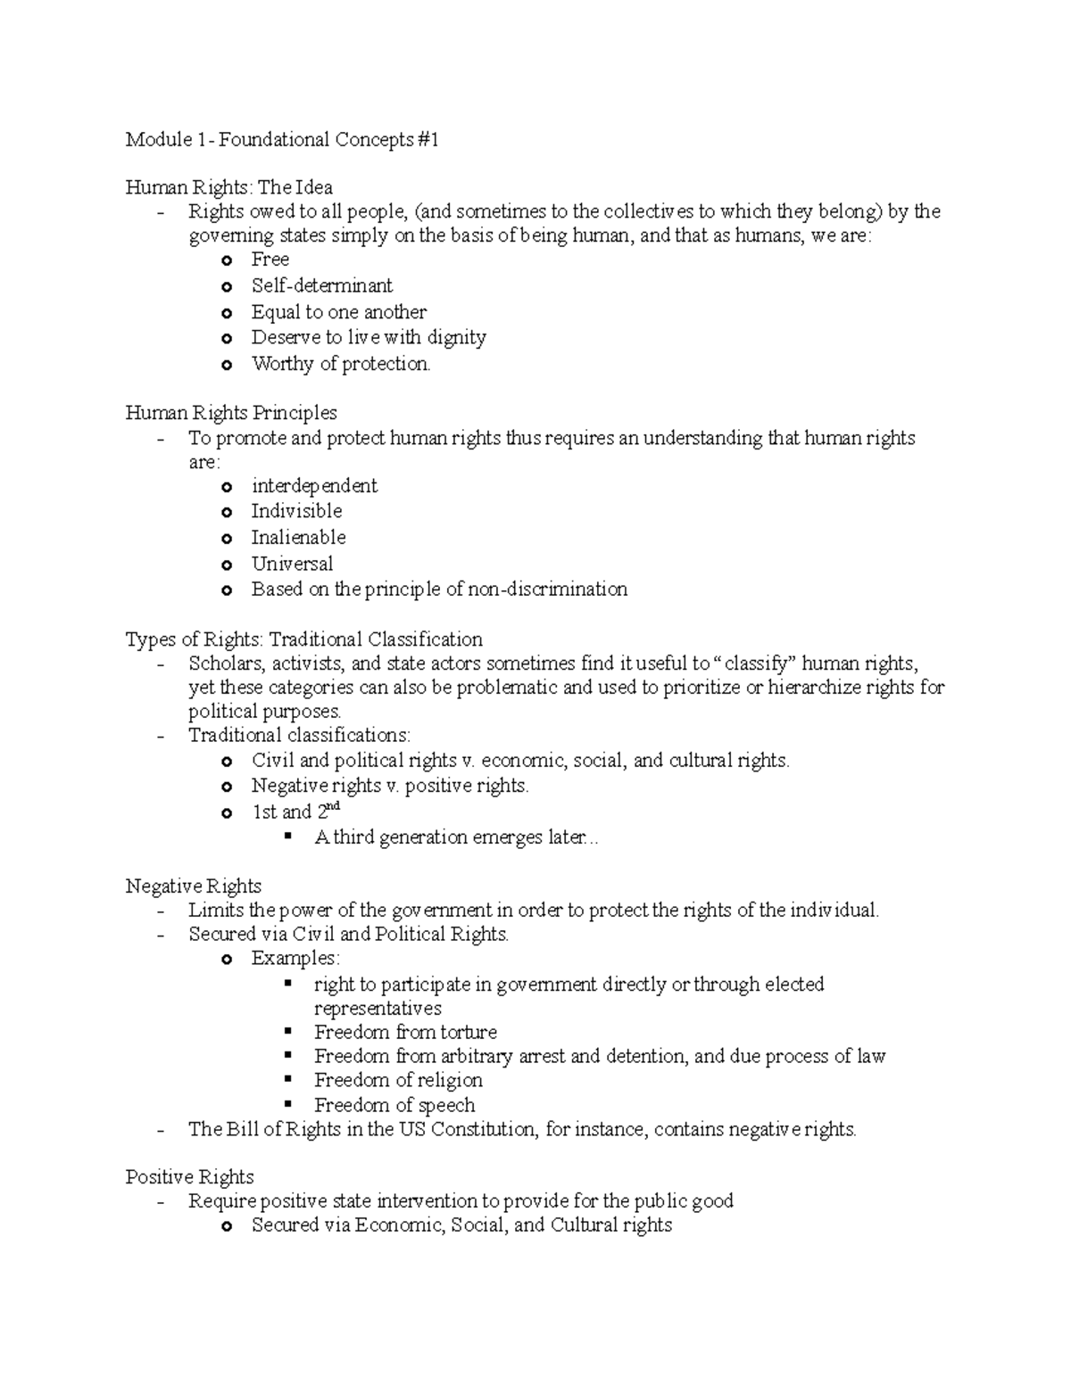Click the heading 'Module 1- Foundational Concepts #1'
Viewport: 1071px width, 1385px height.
[x=282, y=140]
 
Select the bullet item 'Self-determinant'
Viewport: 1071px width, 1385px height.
[x=321, y=286]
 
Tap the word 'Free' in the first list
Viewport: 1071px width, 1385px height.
[x=270, y=260]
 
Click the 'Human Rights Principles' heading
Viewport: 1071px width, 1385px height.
[x=231, y=413]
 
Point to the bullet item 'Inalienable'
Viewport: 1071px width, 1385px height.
[x=298, y=538]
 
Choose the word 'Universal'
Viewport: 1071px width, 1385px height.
[x=292, y=564]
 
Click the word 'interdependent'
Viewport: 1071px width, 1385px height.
[x=314, y=486]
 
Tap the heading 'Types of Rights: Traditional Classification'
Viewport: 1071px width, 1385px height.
[x=303, y=639]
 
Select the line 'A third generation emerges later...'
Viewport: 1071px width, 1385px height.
[x=456, y=837]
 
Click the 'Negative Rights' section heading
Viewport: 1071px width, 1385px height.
[x=193, y=886]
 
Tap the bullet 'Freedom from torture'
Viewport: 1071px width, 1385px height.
[x=405, y=1033]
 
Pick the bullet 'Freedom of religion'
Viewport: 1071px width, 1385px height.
[x=398, y=1081]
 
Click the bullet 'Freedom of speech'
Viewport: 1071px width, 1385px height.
[x=394, y=1106]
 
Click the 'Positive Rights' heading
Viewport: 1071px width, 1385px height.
[x=189, y=1177]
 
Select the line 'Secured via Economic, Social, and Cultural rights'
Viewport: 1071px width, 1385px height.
[x=461, y=1225]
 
